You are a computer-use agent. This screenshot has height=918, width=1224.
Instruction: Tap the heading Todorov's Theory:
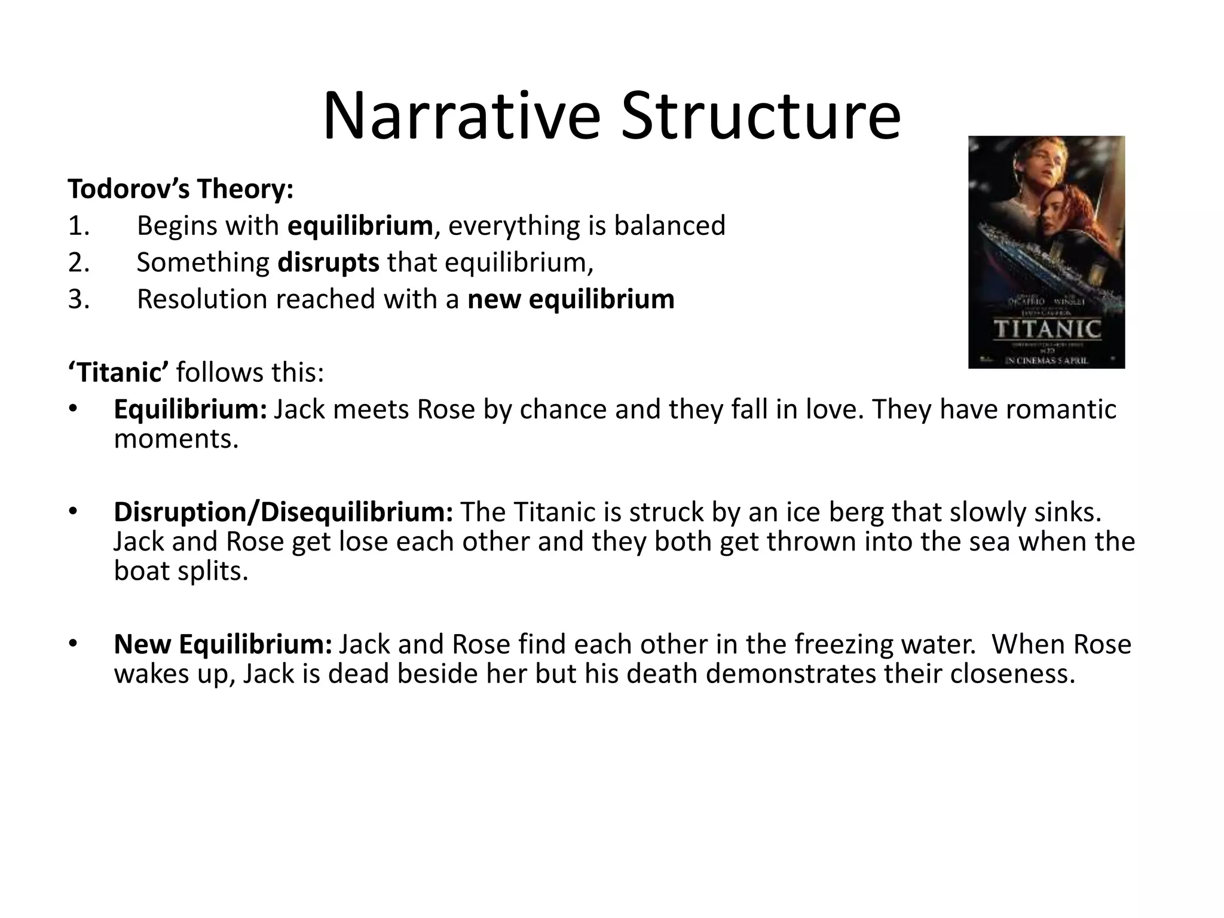point(180,189)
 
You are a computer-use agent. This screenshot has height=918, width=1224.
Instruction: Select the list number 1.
point(78,226)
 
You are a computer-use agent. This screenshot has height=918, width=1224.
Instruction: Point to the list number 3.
point(78,299)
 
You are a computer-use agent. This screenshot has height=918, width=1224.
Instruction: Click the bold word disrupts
point(328,263)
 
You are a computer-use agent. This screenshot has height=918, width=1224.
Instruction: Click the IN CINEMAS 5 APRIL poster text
point(1046,360)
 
